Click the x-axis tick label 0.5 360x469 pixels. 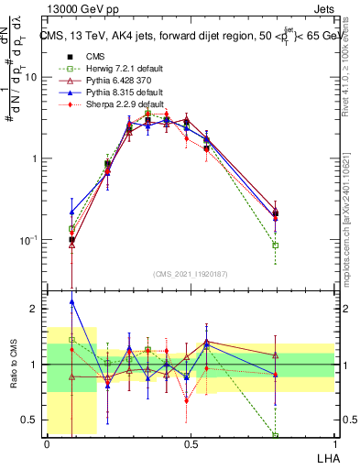tap(191, 443)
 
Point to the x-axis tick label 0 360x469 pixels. tap(47, 443)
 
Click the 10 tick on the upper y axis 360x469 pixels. tap(31, 77)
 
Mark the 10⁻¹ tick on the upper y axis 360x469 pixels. tap(28, 240)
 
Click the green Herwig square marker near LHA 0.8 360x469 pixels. tap(276, 245)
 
